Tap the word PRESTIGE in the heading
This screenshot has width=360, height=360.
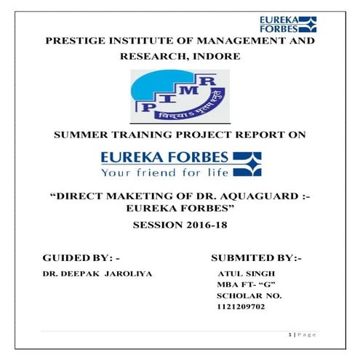[x=78, y=42]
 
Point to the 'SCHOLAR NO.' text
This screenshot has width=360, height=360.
[x=249, y=296]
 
